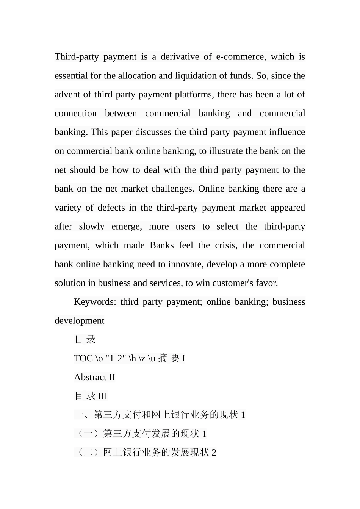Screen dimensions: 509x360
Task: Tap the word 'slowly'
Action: [x=92, y=226]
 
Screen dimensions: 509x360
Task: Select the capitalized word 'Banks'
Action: [x=162, y=245]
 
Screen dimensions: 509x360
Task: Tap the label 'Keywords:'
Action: [x=95, y=302]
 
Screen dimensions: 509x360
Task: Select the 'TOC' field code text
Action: [x=83, y=358]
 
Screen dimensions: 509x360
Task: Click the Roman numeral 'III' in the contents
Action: [x=103, y=396]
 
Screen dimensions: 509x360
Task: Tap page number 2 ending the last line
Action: [x=214, y=453]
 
